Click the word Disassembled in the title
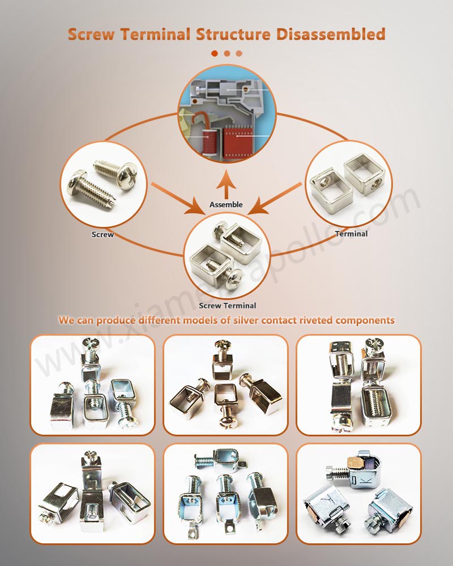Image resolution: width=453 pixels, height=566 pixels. coord(331,33)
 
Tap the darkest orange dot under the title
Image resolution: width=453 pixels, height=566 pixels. coord(215,53)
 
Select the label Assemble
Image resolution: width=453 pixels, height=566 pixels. coord(226,204)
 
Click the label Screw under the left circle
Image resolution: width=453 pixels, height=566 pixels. coord(102,234)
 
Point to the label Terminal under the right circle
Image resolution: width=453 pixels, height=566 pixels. coord(351,233)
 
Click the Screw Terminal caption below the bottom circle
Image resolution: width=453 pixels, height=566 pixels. coord(227,306)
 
